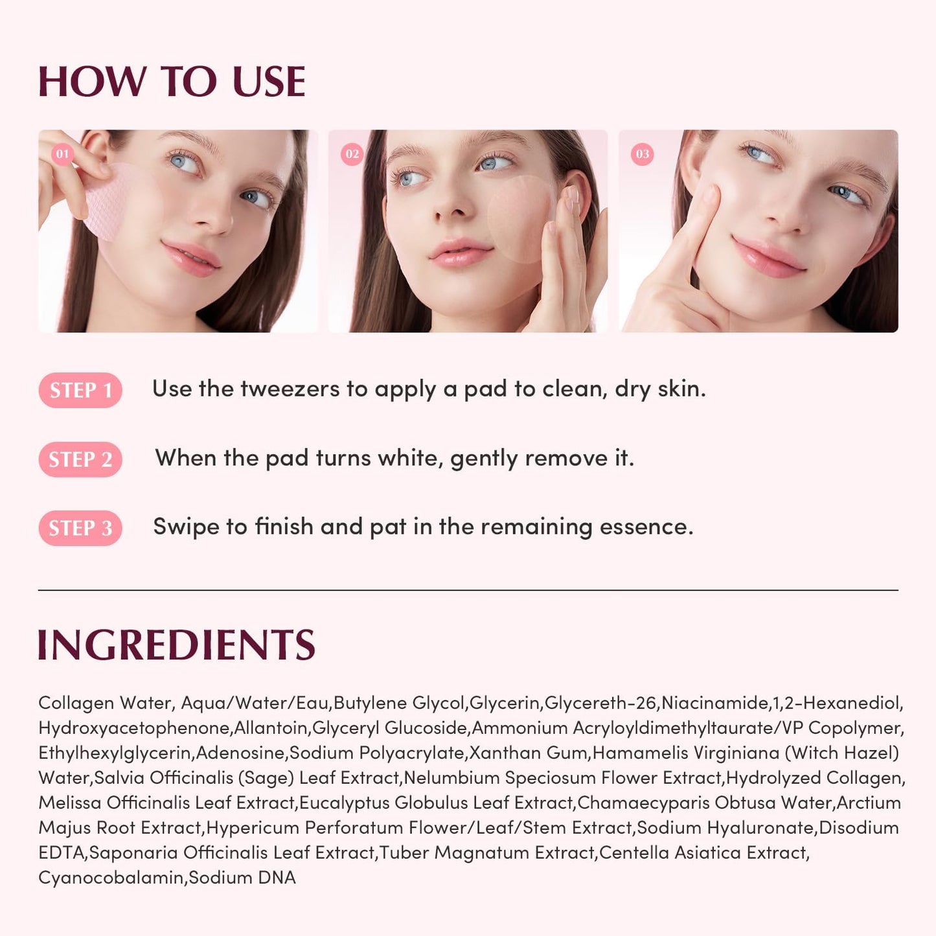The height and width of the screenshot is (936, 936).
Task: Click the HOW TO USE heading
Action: [172, 82]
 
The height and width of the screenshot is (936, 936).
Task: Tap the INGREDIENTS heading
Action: [176, 645]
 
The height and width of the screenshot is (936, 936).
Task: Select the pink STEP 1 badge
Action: [80, 390]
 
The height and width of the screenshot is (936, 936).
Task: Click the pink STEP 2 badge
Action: [80, 459]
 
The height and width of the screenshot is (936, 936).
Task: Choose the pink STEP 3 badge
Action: [80, 528]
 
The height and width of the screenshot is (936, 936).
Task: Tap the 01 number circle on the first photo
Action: [62, 154]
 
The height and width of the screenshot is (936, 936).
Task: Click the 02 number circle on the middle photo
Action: [352, 154]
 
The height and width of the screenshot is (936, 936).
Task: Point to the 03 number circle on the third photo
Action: [642, 154]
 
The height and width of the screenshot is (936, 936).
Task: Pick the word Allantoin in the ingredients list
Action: [271, 728]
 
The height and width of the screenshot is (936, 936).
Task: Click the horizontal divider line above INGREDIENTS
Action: [468, 590]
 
